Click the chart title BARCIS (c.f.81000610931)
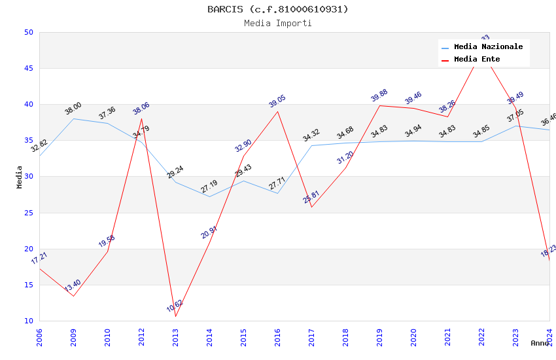click(278, 9)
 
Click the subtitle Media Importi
click(278, 23)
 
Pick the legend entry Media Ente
click(477, 60)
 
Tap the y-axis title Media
click(20, 177)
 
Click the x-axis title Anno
click(540, 343)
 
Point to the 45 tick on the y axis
click(29, 68)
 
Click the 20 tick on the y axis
click(29, 249)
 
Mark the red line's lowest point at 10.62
click(175, 317)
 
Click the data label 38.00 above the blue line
click(73, 109)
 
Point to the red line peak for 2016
click(277, 111)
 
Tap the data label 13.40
click(73, 286)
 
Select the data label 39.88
click(379, 96)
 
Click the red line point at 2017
click(311, 207)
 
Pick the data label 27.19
click(209, 187)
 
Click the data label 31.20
click(345, 158)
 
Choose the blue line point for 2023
click(516, 126)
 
